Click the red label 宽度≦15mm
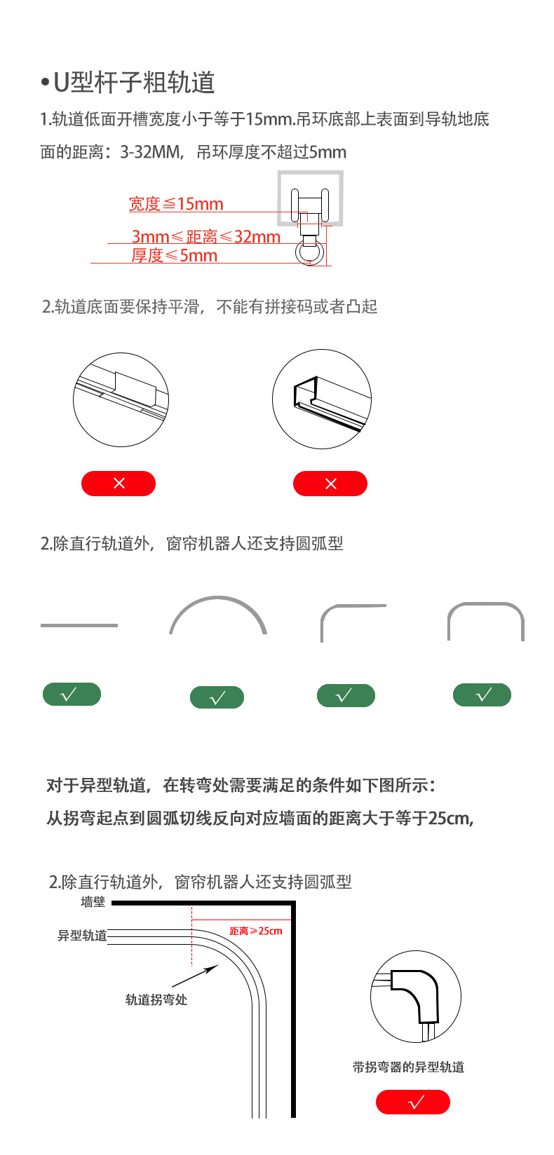coord(176,204)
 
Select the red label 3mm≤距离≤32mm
coord(206,237)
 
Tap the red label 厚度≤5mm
coord(175,256)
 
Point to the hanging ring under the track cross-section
coord(310,252)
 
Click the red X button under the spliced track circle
coord(119,484)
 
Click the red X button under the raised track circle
coord(330,484)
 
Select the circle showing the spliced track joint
coord(121,399)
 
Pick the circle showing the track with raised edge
coord(322,399)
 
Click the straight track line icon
coord(79,625)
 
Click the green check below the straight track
coord(72,695)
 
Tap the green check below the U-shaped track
coord(482,695)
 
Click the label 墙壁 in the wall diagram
coord(93,902)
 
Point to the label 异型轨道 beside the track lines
coord(81,936)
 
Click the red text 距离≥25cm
coord(256,931)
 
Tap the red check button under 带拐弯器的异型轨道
coord(413,1102)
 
